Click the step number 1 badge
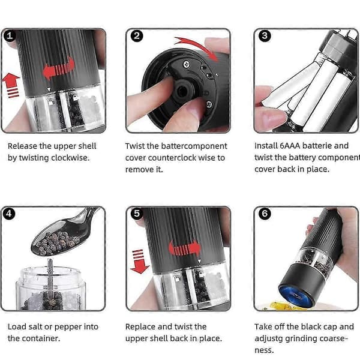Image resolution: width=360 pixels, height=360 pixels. click(x=10, y=35)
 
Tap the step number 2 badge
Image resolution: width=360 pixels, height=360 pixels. click(x=137, y=36)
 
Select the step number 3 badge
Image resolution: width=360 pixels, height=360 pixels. click(x=265, y=36)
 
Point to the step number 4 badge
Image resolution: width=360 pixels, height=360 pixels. click(x=9, y=214)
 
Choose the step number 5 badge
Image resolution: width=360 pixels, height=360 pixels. click(x=137, y=214)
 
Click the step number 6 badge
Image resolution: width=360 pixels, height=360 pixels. click(x=265, y=214)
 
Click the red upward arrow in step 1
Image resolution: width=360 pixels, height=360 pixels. click(x=11, y=85)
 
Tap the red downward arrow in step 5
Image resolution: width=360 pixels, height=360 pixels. click(x=139, y=261)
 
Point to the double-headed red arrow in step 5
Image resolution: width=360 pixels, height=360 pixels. click(x=185, y=248)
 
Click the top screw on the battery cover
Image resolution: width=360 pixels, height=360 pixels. click(x=187, y=65)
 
